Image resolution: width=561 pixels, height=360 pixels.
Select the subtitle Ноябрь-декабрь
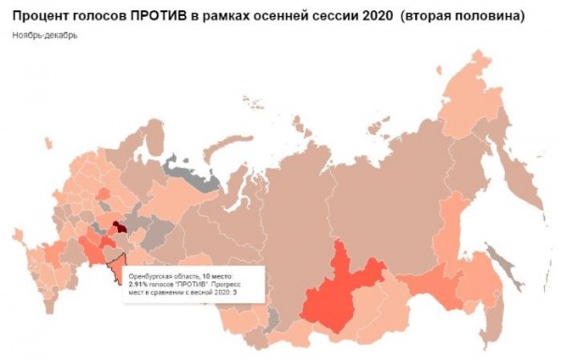click(x=46, y=36)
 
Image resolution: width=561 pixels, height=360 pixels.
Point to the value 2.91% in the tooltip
click(x=139, y=285)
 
